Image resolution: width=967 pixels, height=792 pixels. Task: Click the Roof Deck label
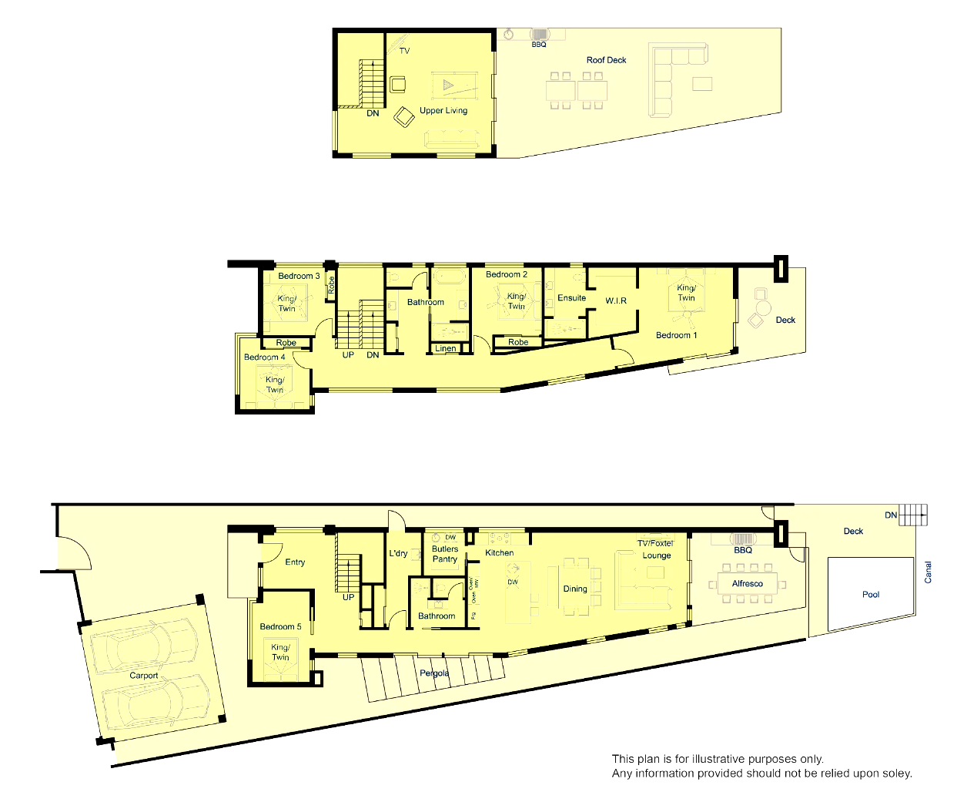(606, 60)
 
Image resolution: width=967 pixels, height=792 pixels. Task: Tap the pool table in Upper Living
(454, 86)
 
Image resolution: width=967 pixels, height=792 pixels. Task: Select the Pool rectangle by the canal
(871, 594)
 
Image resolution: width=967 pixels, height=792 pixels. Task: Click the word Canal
(928, 572)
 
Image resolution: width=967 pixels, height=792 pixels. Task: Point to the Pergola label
(433, 673)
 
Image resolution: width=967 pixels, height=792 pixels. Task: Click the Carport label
(143, 675)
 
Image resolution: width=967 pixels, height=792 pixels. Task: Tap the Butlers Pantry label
(445, 554)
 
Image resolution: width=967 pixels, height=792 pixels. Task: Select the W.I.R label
(616, 300)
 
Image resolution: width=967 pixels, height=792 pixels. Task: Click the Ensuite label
(571, 298)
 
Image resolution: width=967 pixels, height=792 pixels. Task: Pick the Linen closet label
(445, 348)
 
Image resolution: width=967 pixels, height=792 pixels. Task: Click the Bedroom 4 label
(265, 357)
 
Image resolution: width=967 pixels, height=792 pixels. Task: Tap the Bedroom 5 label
(280, 626)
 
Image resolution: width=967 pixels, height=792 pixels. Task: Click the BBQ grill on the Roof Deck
(540, 35)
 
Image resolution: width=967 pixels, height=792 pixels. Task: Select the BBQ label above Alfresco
(743, 550)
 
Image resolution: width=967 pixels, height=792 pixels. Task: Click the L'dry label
(398, 553)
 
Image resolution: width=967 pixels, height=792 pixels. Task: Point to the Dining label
(575, 589)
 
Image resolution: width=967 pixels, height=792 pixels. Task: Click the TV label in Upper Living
(404, 51)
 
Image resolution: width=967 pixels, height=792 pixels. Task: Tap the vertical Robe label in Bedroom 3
(331, 285)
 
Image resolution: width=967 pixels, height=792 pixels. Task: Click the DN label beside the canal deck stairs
(891, 515)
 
